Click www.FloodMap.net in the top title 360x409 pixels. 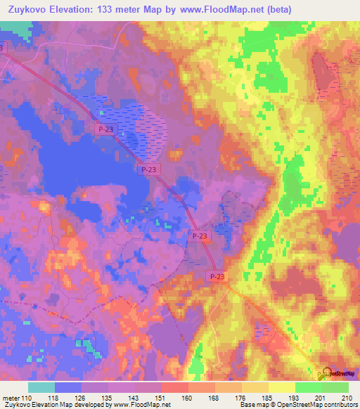pyautogui.click(x=214, y=8)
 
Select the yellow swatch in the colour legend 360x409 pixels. pyautogui.click(x=281, y=387)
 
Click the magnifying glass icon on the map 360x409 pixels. pyautogui.click(x=324, y=372)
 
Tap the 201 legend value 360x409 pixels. pyautogui.click(x=321, y=398)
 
